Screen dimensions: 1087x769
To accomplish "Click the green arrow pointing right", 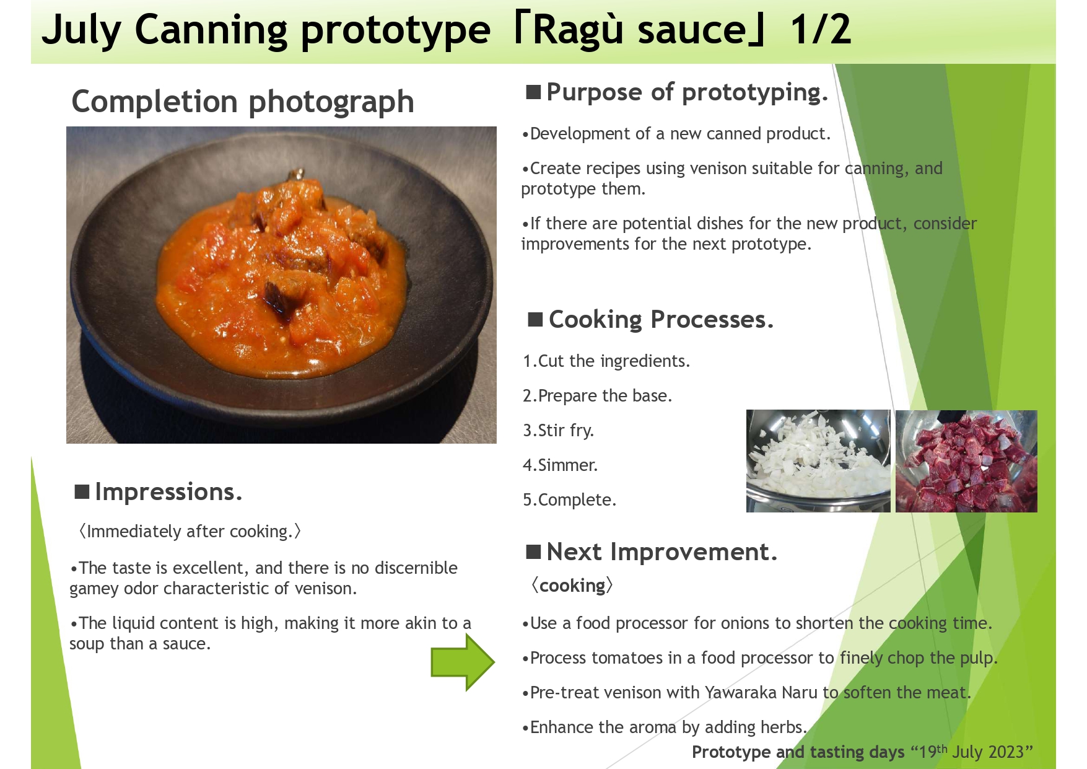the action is tap(463, 662).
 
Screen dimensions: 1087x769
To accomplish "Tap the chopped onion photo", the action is tap(818, 461).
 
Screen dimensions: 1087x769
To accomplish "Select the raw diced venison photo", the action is tap(966, 461).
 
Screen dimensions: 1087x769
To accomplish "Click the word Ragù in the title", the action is tap(577, 29).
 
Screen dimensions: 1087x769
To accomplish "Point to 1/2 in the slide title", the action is tap(821, 29).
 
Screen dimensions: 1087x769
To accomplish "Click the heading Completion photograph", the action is tap(243, 102).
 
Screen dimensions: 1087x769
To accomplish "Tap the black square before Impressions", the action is tap(82, 491).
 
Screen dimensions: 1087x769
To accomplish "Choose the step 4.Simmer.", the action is tap(560, 465).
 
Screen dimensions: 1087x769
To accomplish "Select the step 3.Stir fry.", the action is tap(558, 431).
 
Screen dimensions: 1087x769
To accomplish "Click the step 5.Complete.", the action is tap(569, 499).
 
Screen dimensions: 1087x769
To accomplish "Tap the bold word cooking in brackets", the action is tap(572, 586).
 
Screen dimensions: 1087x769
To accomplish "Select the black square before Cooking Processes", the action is tap(535, 320).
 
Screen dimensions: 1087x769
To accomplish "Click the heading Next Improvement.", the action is tap(661, 551).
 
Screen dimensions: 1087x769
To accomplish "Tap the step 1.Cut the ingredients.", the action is tap(606, 361).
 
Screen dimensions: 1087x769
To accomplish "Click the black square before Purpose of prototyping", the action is tap(533, 92).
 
